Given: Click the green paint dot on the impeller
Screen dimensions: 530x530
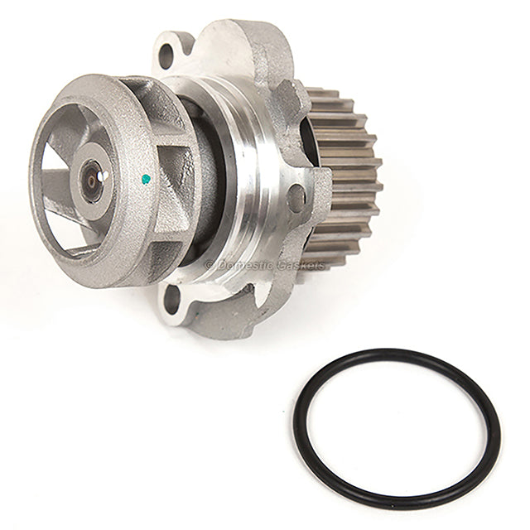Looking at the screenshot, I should (x=146, y=177).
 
